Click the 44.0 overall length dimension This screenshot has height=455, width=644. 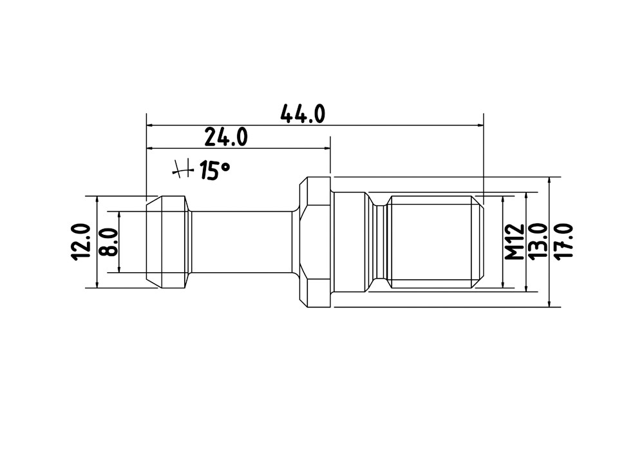click(303, 114)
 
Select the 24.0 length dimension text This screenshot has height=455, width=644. click(226, 137)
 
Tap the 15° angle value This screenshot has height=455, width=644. click(214, 171)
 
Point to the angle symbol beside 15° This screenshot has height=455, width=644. click(182, 169)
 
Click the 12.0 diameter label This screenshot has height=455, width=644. click(81, 241)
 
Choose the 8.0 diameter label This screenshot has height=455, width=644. click(109, 243)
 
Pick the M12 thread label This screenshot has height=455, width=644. click(514, 241)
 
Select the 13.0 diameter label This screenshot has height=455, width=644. click(537, 241)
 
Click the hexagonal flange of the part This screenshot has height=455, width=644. click(316, 241)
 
